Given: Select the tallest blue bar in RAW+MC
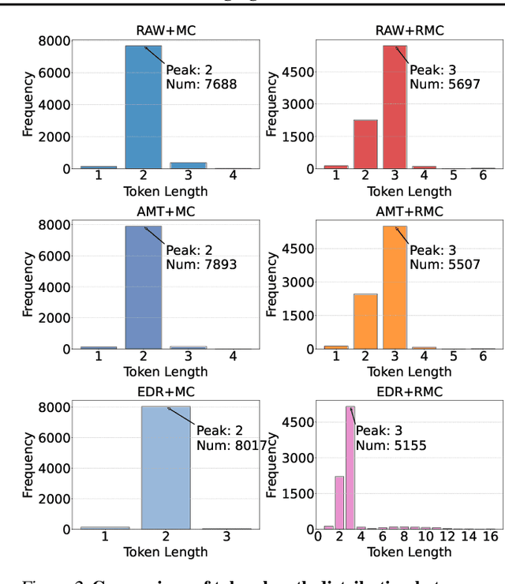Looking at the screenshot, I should coord(144,107).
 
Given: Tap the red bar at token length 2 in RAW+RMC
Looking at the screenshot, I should coord(365,144).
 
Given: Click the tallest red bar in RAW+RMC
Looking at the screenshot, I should coord(395,107).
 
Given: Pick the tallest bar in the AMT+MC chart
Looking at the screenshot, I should coord(144,287).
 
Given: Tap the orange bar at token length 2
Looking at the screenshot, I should coord(365,320).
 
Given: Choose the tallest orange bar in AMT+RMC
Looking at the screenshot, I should coord(395,287).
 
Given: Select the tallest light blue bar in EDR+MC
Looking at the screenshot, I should coord(166,467).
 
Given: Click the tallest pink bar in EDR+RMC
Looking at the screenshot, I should coord(350,467).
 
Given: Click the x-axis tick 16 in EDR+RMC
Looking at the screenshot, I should coord(488,537).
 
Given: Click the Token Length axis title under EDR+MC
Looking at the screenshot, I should coord(166,552).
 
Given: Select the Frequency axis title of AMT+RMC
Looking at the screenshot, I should coord(273,285).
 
